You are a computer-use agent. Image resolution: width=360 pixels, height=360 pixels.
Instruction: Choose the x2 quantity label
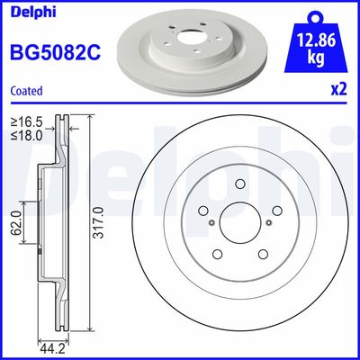pos(338,91)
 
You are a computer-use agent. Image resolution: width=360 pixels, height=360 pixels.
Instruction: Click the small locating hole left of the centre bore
pos(211,224)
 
